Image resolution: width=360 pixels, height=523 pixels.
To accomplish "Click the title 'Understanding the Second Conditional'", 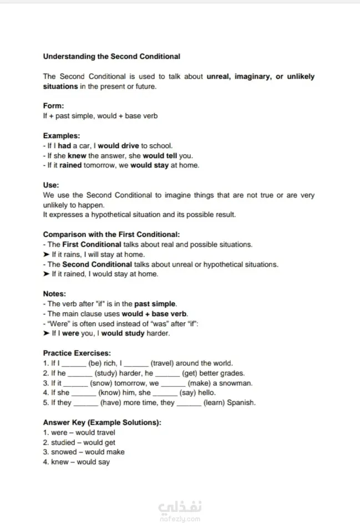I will click(x=111, y=56).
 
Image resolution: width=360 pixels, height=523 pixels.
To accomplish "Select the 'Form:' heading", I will click(x=54, y=106).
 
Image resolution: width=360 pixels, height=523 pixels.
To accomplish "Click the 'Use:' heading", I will click(x=51, y=185).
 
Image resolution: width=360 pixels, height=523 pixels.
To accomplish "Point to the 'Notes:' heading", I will click(x=54, y=294).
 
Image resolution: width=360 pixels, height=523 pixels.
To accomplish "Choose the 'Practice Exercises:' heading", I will click(x=77, y=353).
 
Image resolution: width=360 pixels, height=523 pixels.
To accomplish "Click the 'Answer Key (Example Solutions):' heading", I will click(x=102, y=423).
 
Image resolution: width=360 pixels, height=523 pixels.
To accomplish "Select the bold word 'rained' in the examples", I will click(x=71, y=165).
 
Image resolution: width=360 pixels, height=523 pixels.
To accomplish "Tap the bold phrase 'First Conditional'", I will click(x=92, y=245).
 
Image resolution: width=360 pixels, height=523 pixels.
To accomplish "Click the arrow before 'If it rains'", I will click(x=47, y=255).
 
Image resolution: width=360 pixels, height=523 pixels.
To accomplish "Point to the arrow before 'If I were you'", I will click(x=47, y=334).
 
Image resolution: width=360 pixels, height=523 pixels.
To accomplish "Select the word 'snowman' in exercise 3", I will click(x=237, y=383).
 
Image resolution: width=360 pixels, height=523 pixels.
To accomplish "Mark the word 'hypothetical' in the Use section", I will click(x=111, y=215).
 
